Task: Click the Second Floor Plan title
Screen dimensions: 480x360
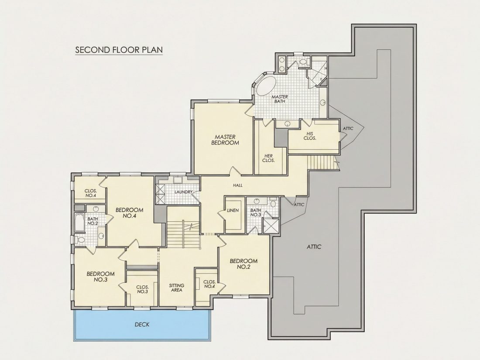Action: pos(119,50)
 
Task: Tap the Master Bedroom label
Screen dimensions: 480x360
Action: pos(225,140)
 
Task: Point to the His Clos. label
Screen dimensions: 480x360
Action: pos(310,136)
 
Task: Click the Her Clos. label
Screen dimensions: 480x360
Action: pos(268,158)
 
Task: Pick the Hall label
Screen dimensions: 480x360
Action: pos(238,185)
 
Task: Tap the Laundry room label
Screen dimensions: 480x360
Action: pos(183,192)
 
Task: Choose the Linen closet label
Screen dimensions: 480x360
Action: pos(233,211)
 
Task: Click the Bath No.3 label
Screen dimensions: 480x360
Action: pos(256,213)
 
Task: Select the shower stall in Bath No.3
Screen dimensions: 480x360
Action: pos(271,226)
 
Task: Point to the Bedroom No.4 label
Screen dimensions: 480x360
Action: pos(129,213)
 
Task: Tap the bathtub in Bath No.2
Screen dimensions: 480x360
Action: pos(79,223)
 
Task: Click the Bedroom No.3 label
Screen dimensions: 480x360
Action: pos(100,277)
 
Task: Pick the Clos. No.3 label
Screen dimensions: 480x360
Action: pos(142,289)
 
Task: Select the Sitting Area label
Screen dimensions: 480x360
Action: pos(177,288)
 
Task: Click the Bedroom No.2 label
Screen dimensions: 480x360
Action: pos(243,264)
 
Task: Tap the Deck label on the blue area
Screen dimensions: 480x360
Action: pos(142,325)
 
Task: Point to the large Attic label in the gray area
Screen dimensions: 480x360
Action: pos(314,247)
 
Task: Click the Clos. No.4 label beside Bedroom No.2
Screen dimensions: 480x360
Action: pos(209,284)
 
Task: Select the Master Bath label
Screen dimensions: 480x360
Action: pos(280,99)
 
